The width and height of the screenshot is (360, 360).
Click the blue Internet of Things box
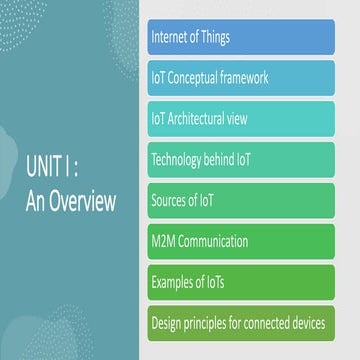click(240, 37)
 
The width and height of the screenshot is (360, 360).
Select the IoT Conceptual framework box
click(240, 77)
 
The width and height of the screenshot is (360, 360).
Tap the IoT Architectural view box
click(240, 118)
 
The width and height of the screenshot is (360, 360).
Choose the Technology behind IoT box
click(240, 159)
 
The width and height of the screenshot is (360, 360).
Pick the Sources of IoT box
click(240, 200)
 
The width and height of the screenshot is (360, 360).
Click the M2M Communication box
click(240, 241)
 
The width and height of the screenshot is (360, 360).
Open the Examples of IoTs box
click(240, 282)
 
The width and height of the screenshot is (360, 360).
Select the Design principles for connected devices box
click(240, 323)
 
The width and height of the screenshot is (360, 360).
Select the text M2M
click(163, 242)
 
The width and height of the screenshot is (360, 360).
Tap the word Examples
click(174, 283)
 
